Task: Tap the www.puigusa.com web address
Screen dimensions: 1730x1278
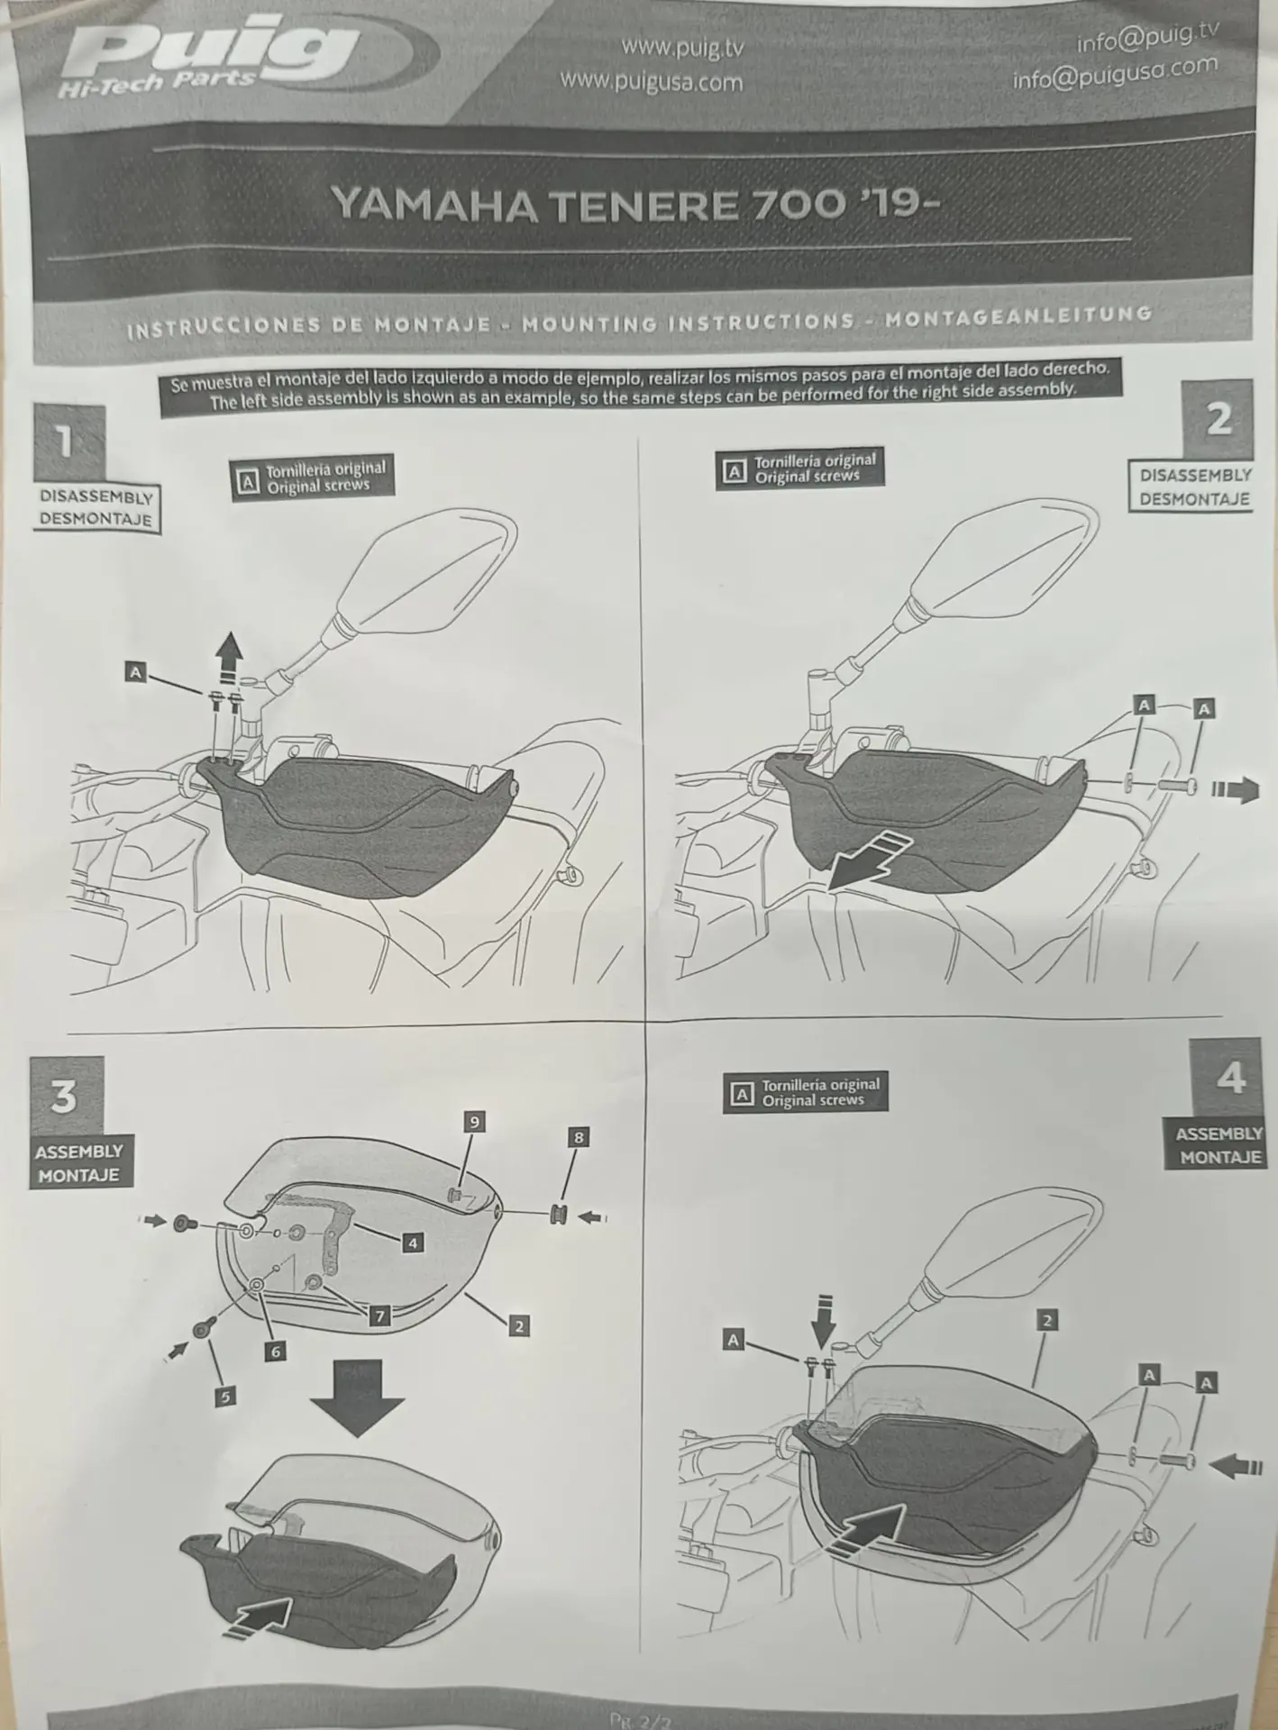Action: coord(651,82)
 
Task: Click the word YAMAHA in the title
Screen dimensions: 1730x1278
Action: coord(434,205)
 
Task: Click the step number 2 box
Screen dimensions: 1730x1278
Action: coord(1219,419)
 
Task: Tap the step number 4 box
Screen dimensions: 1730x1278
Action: coord(1230,1077)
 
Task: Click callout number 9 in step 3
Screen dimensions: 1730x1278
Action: coord(474,1122)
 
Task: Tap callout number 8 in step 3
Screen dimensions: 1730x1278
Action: coord(579,1137)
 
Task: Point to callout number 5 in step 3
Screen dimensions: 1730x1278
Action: coord(224,1397)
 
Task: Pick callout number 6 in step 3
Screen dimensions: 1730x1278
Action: coord(276,1351)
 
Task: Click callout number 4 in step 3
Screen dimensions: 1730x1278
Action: coord(413,1243)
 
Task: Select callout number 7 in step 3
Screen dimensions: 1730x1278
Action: coord(379,1316)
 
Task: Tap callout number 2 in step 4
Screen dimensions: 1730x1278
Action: coord(1046,1320)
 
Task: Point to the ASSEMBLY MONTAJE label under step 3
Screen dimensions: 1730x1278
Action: coord(78,1163)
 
